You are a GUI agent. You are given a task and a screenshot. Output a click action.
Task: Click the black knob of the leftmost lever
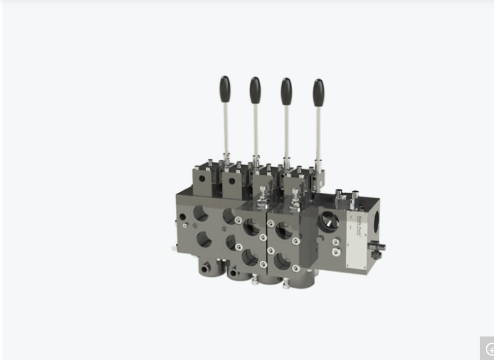coord(225,89)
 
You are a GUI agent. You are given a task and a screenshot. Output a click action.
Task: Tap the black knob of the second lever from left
coord(255,90)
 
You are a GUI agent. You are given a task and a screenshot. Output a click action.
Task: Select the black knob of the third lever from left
coord(286,91)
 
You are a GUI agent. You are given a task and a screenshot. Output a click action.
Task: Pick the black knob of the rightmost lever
coord(318,92)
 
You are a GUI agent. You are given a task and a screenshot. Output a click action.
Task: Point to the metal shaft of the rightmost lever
coord(319,133)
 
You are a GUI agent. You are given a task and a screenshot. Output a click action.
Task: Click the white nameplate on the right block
coord(357,242)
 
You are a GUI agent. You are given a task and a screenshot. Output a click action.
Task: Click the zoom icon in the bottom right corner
coord(488,349)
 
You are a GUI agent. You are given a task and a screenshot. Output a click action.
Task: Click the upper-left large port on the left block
coord(201,213)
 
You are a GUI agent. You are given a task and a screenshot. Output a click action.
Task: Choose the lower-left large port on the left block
coord(204,239)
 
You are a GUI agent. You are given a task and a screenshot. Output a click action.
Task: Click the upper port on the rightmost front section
coord(284,231)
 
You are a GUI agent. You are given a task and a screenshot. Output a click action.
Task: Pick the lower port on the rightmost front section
coord(282,260)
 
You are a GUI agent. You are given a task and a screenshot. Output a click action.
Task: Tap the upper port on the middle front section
coord(250,227)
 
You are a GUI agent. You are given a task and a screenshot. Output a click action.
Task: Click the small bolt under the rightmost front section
coord(286,285)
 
